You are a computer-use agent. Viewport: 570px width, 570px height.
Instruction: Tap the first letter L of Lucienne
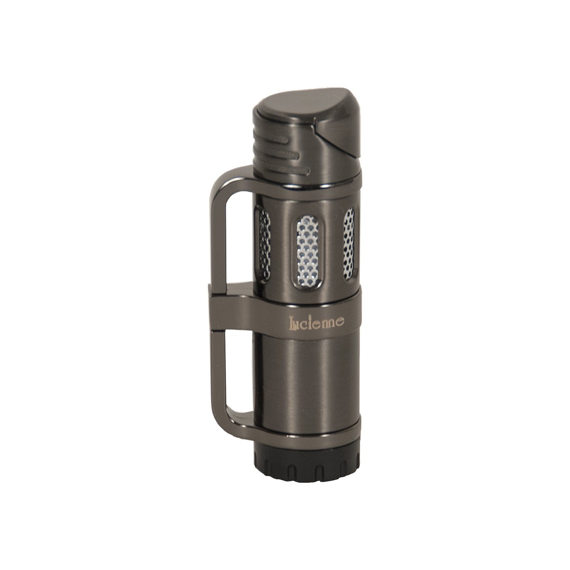point(293,323)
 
